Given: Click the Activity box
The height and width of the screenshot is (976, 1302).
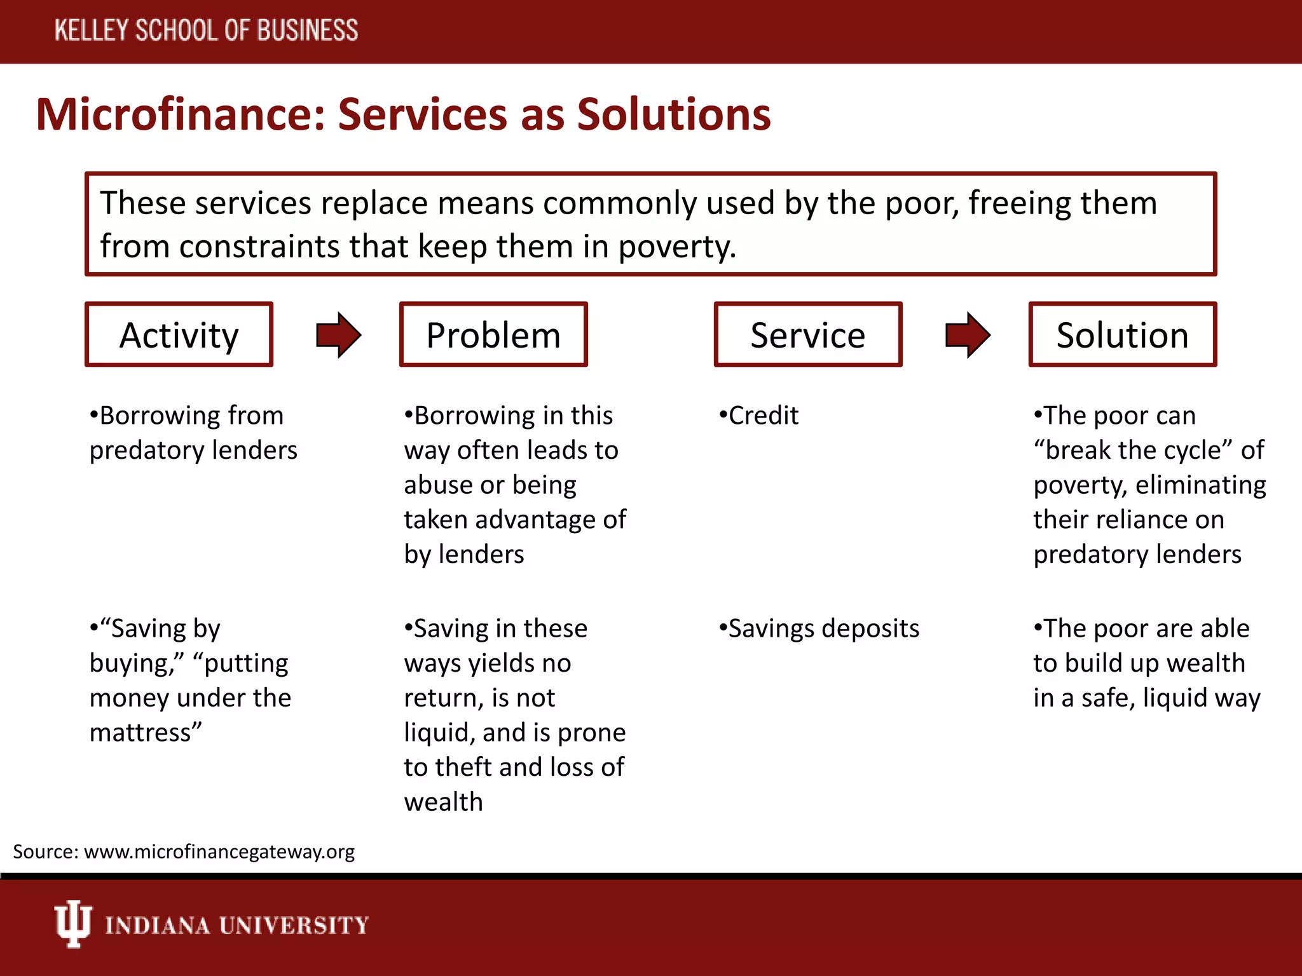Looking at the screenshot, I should click(x=179, y=335).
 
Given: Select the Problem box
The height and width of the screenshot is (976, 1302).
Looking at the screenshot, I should click(x=493, y=335).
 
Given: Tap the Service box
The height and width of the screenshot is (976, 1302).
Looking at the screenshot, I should click(x=807, y=335).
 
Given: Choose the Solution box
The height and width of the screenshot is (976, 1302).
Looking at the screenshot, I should click(x=1122, y=335).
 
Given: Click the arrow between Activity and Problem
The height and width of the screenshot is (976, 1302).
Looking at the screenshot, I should click(x=339, y=335).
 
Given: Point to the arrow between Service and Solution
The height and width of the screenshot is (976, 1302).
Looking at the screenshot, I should click(x=968, y=335).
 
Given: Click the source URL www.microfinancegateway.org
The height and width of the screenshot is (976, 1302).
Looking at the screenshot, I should click(x=219, y=851).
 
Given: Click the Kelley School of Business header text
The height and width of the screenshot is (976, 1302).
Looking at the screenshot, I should click(x=206, y=30).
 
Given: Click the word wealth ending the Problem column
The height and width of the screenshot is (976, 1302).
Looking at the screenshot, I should click(x=444, y=802).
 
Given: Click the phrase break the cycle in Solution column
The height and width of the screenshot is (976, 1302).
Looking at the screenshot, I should click(x=1134, y=451).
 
